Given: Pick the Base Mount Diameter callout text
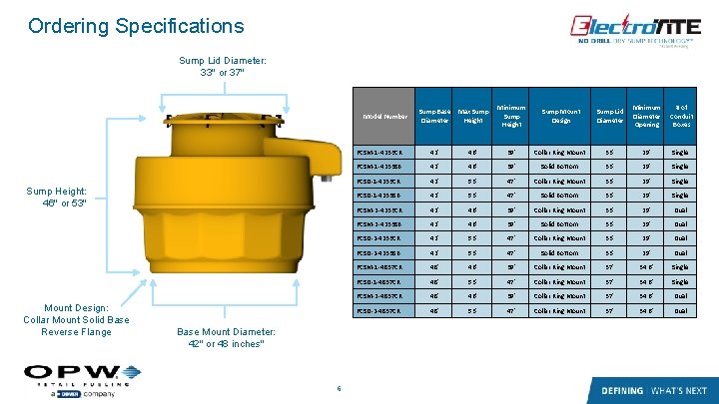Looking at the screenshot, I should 221,336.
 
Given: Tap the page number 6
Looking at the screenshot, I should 340,389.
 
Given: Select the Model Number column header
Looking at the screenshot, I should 385,115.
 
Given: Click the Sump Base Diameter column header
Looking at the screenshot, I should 433,115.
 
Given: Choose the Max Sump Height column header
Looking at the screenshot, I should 472,115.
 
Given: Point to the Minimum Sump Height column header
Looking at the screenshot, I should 511,115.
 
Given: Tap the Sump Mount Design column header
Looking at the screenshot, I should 560,115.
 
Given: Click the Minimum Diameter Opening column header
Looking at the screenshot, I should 647,115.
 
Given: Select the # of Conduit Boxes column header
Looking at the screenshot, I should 682,115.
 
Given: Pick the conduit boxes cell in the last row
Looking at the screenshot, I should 680,311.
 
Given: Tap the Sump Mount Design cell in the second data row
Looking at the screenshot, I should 560,166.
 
